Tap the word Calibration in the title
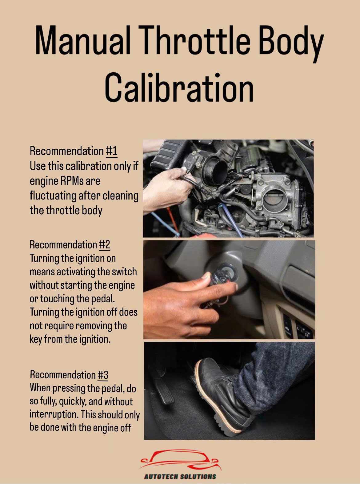point(179,87)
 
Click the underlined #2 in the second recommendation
point(104,245)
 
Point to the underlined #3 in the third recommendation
point(103,375)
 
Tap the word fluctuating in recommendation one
point(53,196)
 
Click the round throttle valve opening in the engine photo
point(274,199)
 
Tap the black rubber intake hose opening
point(216,172)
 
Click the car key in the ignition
point(220,277)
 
